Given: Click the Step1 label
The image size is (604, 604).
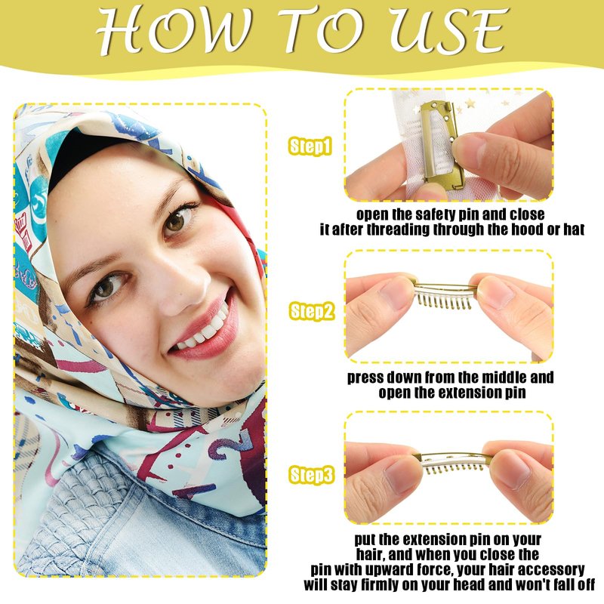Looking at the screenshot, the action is coord(310,146).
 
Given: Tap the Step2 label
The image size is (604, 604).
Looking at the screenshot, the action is coord(311,311).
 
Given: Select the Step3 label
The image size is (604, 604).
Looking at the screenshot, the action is coord(311,475).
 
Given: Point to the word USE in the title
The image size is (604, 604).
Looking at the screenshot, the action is coord(448,30).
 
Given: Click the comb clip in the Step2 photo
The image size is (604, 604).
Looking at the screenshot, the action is coord(445,294).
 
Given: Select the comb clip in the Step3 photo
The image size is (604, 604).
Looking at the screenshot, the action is coord(455,462).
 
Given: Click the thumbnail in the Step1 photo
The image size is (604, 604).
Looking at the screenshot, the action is coord(469,147).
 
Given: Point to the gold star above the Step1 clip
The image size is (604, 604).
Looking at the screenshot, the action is coord(470,103).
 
